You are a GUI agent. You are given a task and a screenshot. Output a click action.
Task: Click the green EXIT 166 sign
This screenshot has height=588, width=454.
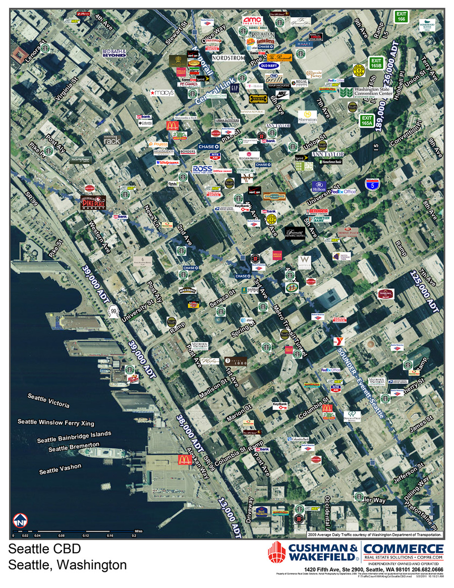(402, 16)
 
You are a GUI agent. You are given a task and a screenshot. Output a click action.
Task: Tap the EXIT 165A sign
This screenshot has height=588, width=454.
(367, 121)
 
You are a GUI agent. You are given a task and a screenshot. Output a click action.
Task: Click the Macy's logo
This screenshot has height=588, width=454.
(162, 93)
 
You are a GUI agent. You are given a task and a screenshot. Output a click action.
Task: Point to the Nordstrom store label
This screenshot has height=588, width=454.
(228, 58)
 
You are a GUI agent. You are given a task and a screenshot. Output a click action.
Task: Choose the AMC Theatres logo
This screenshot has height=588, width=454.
(252, 21)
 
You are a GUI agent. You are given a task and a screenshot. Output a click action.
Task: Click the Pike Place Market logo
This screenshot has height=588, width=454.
(94, 202)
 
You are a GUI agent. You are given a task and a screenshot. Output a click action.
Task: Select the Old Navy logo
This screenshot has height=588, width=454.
(269, 66)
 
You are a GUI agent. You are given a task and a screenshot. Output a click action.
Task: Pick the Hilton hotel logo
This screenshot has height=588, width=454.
(319, 187)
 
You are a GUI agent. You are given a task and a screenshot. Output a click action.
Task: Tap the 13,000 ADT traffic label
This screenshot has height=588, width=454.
(230, 515)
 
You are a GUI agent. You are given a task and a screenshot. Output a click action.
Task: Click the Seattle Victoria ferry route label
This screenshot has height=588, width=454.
(48, 402)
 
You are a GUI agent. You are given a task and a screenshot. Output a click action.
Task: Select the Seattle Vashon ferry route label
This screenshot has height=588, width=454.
(60, 468)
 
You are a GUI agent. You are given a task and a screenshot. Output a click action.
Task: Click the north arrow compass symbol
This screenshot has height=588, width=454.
(21, 519)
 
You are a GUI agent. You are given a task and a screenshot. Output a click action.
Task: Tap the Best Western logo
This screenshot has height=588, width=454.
(261, 513)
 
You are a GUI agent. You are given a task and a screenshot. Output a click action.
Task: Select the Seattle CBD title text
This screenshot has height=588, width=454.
(45, 549)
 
